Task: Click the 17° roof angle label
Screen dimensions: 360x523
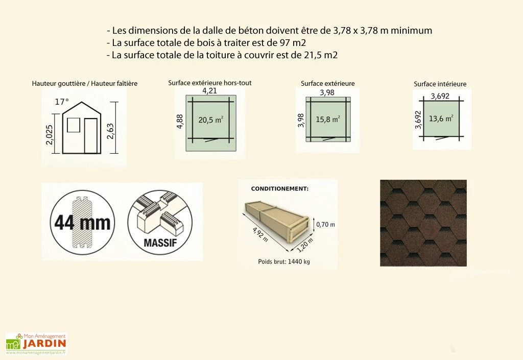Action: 61,102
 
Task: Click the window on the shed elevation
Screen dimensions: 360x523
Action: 74,125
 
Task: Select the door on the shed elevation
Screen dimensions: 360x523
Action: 91,135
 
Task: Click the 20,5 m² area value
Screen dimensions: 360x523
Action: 210,120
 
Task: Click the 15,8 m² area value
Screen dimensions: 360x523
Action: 328,119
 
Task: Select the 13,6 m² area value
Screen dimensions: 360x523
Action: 441,118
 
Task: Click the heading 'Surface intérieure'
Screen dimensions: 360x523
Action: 440,84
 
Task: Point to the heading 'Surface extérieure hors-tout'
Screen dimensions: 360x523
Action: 210,82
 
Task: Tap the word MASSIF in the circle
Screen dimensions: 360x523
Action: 160,242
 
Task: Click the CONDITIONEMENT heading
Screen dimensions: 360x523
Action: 279,188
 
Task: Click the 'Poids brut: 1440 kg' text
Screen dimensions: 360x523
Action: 284,261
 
